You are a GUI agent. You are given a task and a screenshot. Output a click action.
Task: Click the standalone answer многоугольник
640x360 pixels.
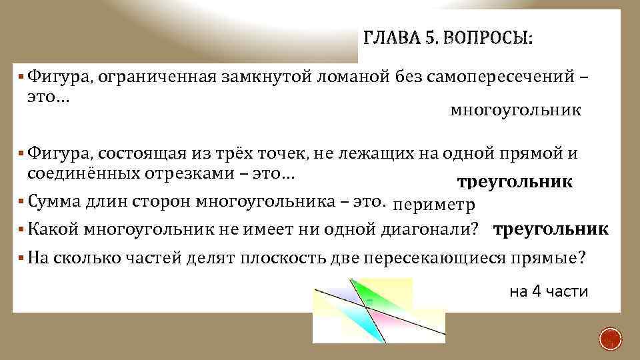pyautogui.click(x=515, y=110)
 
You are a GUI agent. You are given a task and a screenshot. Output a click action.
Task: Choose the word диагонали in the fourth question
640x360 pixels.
pyautogui.click(x=427, y=229)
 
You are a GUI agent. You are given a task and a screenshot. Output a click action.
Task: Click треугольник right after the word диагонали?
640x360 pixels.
pyautogui.click(x=551, y=229)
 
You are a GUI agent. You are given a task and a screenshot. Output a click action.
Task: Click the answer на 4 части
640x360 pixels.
pyautogui.click(x=548, y=291)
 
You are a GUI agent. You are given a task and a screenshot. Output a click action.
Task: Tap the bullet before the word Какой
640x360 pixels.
pyautogui.click(x=23, y=229)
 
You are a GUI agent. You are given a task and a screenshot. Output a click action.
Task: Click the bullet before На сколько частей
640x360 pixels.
pyautogui.click(x=23, y=259)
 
